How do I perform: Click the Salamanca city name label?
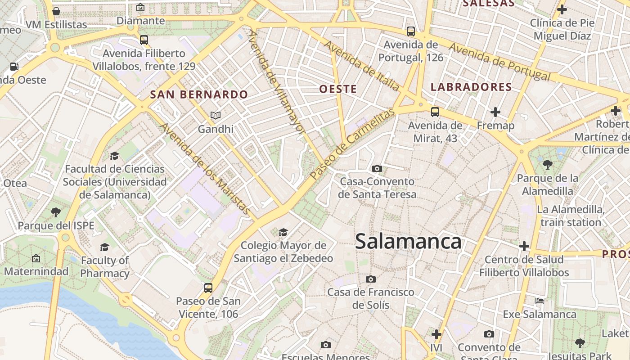408,242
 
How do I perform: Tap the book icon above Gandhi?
216,116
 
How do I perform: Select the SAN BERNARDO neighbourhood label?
199,94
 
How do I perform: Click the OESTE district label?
338,89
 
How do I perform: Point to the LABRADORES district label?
471,87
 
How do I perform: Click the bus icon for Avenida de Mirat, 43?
435,112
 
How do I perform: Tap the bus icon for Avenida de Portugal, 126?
410,31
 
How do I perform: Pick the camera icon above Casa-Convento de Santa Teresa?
377,169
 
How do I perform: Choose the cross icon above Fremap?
495,112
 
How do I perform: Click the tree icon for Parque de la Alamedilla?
547,165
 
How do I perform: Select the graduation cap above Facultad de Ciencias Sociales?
114,156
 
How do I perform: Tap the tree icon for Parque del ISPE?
56,212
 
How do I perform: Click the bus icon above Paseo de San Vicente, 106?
208,288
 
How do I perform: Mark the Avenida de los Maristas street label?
205,169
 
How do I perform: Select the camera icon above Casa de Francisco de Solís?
370,279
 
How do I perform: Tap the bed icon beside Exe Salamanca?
539,301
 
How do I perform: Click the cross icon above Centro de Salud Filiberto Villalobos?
524,246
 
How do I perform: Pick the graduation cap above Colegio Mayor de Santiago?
283,232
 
